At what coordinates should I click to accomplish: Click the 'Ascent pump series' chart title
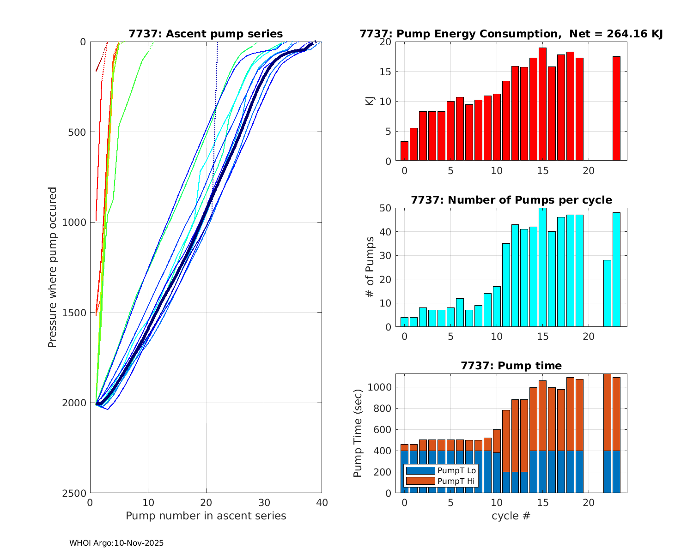point(206,34)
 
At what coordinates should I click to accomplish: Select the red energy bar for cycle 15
point(542,104)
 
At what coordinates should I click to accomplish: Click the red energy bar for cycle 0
point(404,151)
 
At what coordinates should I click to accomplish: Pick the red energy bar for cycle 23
point(616,108)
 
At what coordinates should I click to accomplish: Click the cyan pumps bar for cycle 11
point(506,285)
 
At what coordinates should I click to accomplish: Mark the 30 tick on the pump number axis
point(264,502)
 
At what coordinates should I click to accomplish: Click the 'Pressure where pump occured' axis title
point(52,267)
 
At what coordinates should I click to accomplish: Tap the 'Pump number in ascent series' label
point(206,516)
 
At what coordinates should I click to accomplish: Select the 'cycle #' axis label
point(511,516)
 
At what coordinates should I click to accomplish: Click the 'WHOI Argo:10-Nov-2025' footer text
point(116,543)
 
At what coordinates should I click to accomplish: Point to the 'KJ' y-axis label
point(370,101)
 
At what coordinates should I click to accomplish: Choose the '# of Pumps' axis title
point(370,267)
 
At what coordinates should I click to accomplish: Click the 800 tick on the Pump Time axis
point(380,408)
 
